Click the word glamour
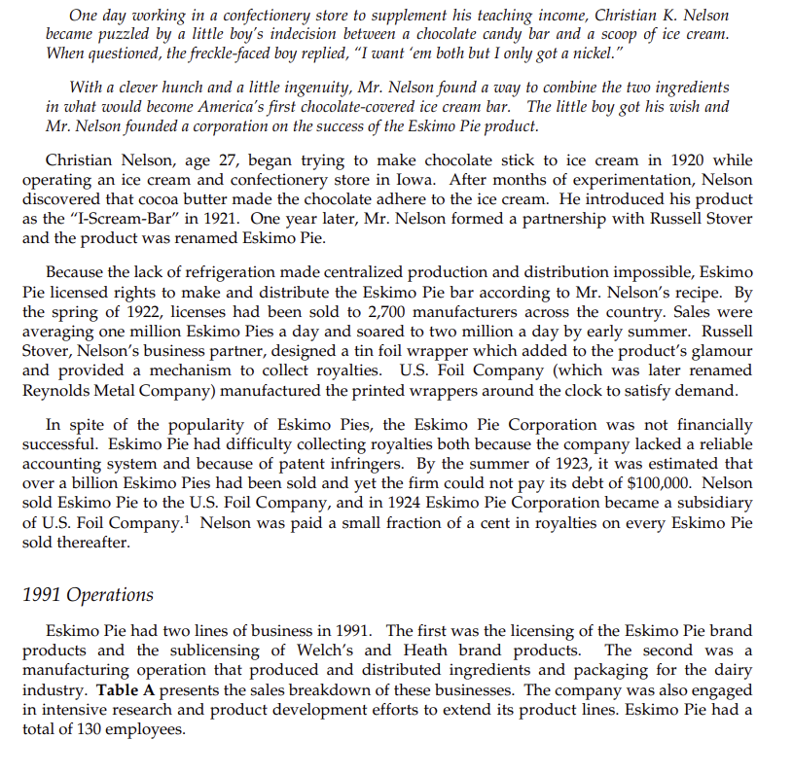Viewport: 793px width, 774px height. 720,350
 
